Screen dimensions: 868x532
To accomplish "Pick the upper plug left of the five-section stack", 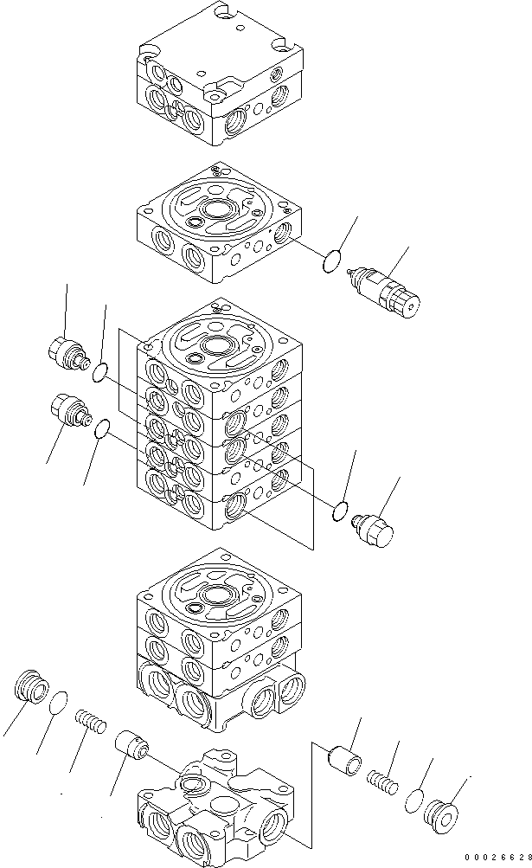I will coord(66,353).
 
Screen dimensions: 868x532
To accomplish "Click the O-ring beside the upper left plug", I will coord(100,373).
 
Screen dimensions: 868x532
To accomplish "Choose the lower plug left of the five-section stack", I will coord(68,408).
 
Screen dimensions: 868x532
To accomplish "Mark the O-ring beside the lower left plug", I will coord(101,428).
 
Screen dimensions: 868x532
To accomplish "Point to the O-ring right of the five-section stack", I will coord(340,513).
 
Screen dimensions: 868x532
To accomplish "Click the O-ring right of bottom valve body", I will coord(413,800).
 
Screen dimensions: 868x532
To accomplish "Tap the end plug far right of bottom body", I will coord(443,816).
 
